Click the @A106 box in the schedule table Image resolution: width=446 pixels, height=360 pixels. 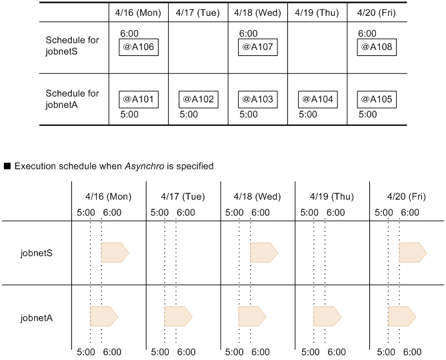tap(138, 48)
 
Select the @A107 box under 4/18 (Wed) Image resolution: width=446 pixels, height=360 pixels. tap(257, 48)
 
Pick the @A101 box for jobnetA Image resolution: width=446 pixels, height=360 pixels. tap(138, 99)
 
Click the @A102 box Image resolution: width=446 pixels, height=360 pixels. tap(197, 99)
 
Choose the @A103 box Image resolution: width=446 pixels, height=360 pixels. tap(257, 99)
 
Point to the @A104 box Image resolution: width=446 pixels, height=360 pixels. tap(317, 99)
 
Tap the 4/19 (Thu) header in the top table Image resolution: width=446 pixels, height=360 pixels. tap(317, 13)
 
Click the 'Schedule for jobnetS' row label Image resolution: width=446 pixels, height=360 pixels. tap(72, 46)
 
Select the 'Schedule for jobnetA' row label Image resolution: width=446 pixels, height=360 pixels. tap(72, 99)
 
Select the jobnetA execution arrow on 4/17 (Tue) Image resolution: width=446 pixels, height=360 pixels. tap(178, 316)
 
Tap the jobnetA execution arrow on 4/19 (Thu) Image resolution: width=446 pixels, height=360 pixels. tap(327, 316)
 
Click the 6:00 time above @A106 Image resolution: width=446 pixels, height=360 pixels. tap(130, 33)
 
